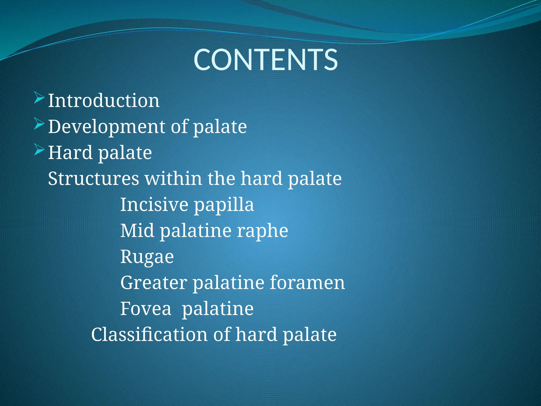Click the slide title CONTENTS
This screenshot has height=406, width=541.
pyautogui.click(x=265, y=60)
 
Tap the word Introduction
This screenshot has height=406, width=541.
pyautogui.click(x=104, y=101)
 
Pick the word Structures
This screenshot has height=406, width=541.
pyautogui.click(x=94, y=178)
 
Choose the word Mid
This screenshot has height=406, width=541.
pyautogui.click(x=137, y=230)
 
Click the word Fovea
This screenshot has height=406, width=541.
pyautogui.click(x=146, y=308)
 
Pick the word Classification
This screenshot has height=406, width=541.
pyautogui.click(x=149, y=334)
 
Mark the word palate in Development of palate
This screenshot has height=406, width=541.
pyautogui.click(x=220, y=127)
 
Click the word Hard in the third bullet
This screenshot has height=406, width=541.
pyautogui.click(x=70, y=153)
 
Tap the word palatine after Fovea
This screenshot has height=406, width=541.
pyautogui.click(x=218, y=309)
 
